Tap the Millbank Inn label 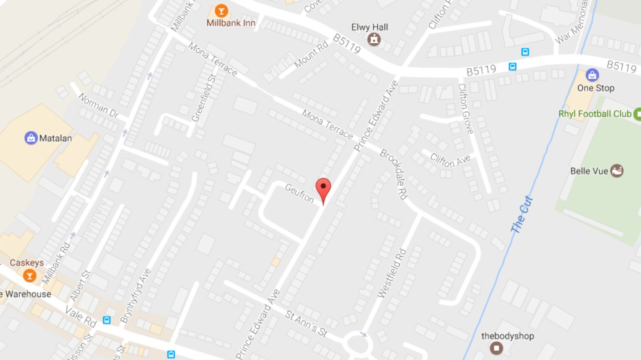click(231, 23)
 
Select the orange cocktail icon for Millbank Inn click(221, 10)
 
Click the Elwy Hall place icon click(374, 39)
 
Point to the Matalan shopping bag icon click(31, 138)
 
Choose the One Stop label click(595, 88)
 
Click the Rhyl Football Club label click(595, 114)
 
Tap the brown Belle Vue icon click(616, 171)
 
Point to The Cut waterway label click(522, 215)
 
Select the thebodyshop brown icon click(496, 348)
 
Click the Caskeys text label click(27, 263)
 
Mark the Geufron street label click(300, 194)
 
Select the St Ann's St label click(306, 324)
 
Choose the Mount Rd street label click(311, 55)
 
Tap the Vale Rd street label click(81, 316)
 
